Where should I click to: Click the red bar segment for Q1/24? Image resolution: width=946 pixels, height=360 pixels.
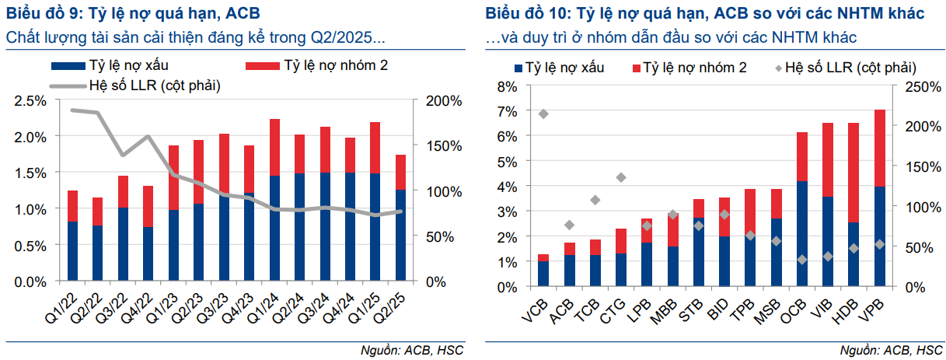[x=274, y=147]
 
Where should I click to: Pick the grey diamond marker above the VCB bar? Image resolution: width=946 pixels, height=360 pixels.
[x=543, y=114]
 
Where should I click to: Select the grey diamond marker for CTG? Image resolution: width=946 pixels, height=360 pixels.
[x=620, y=177]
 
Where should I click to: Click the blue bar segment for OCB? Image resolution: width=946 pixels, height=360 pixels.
[x=802, y=233]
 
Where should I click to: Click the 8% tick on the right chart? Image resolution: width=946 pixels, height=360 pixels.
[x=506, y=86]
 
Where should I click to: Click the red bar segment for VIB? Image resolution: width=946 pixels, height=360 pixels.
[x=828, y=159]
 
